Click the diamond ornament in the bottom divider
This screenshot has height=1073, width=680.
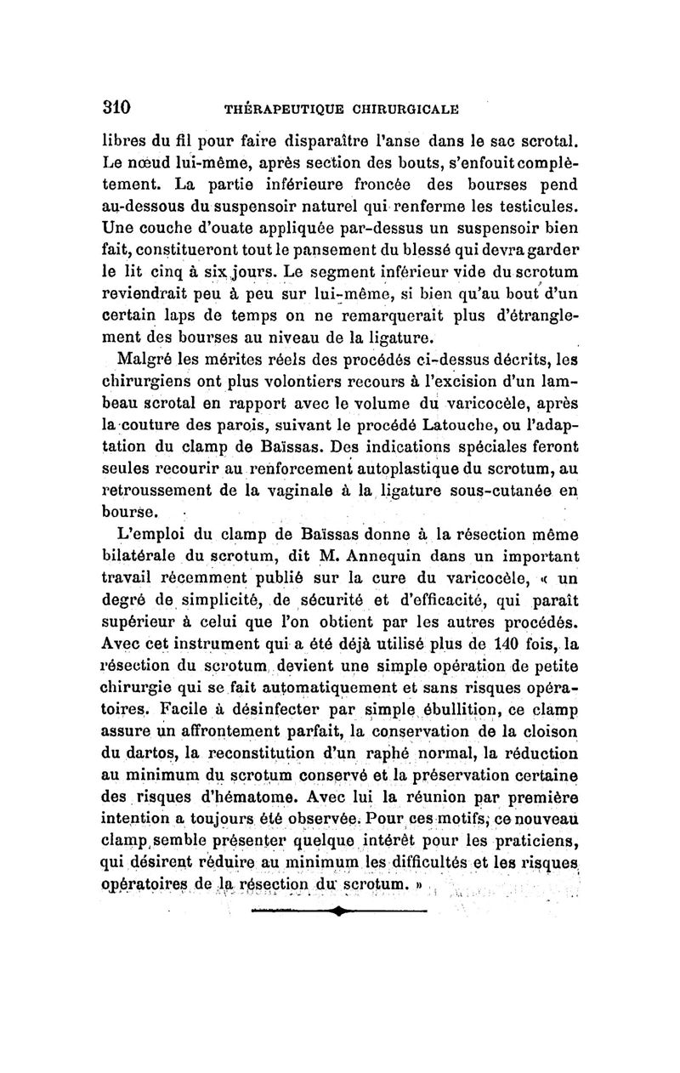338,911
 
